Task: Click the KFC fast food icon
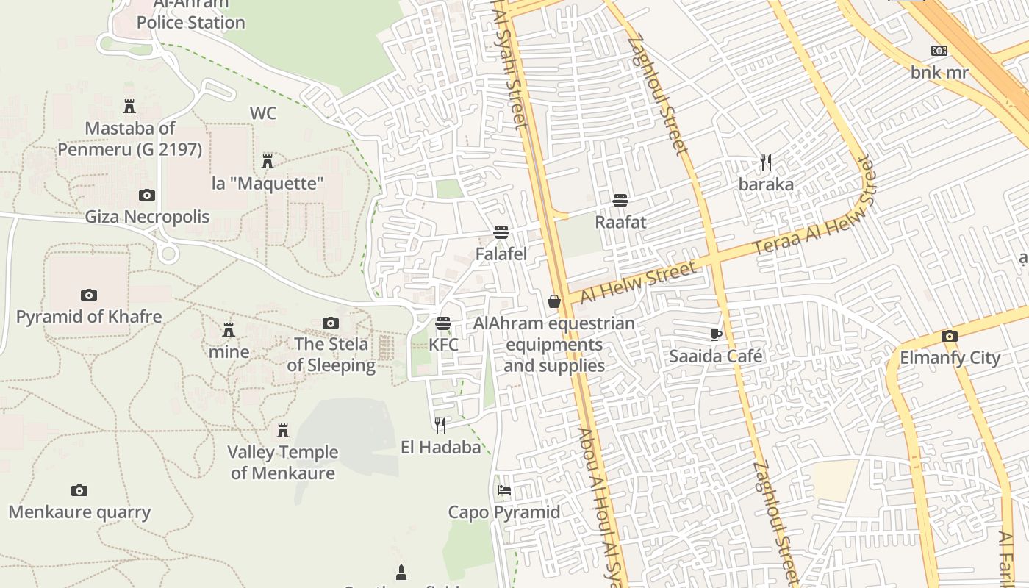(x=442, y=323)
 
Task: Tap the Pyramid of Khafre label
(x=89, y=317)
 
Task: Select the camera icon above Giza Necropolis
(x=147, y=195)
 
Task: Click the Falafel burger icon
(x=501, y=233)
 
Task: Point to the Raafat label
(x=620, y=222)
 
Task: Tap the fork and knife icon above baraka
(x=766, y=162)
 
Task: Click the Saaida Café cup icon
(x=716, y=335)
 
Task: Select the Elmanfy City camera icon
(x=950, y=337)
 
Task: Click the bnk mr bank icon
(x=939, y=51)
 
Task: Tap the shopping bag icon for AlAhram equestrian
(x=554, y=301)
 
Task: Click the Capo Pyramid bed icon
(x=504, y=490)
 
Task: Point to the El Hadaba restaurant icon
(x=440, y=425)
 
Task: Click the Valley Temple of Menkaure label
(x=283, y=462)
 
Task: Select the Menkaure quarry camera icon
(x=79, y=490)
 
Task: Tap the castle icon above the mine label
(x=229, y=329)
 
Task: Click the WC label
(x=263, y=113)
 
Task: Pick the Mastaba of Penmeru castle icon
(x=129, y=107)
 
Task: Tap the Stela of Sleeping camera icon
(x=331, y=323)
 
